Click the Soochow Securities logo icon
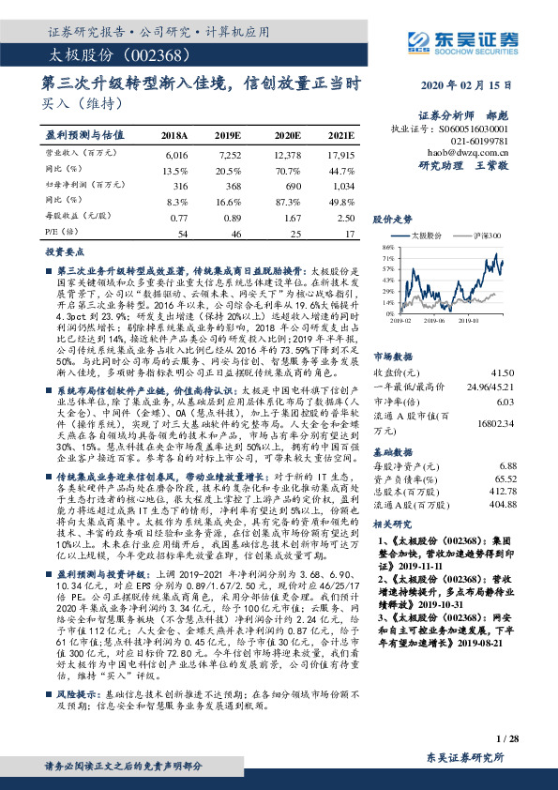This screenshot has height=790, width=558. pos(419,40)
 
